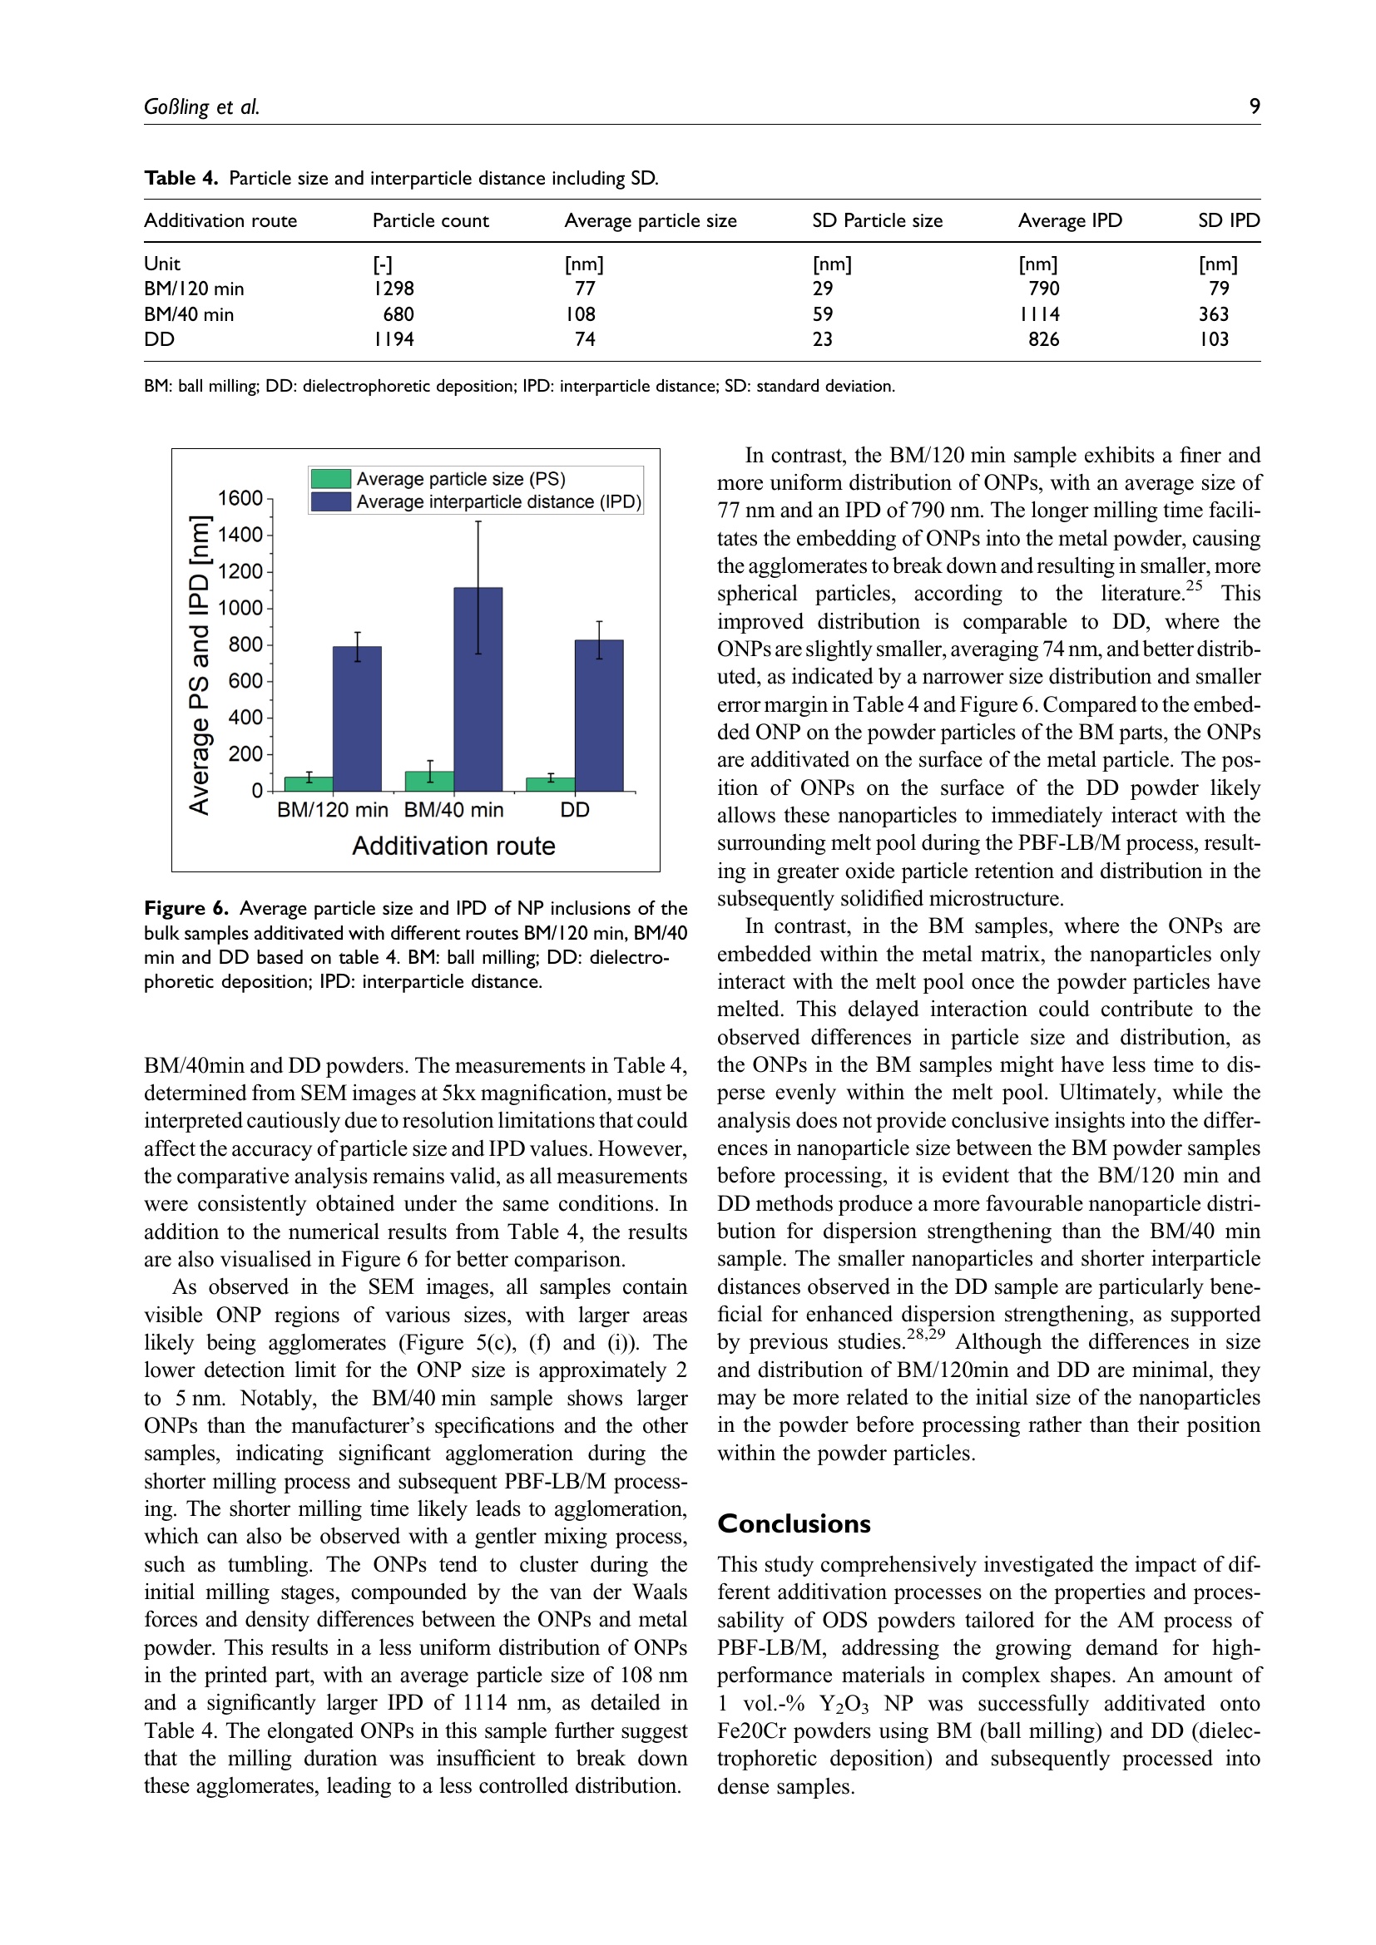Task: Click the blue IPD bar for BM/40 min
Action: pyautogui.click(x=478, y=689)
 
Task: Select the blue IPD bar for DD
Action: pyautogui.click(x=599, y=715)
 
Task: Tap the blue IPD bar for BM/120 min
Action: pyautogui.click(x=357, y=718)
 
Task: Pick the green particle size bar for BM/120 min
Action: pyautogui.click(x=309, y=783)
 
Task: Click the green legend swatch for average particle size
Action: pyautogui.click(x=330, y=479)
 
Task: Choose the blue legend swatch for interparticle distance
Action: pyautogui.click(x=330, y=501)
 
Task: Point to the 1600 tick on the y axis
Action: pyautogui.click(x=240, y=498)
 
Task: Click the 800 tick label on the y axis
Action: pyautogui.click(x=245, y=644)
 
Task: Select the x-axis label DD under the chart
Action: pyautogui.click(x=575, y=810)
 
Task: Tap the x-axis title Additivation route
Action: pyautogui.click(x=453, y=847)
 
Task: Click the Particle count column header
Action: pyautogui.click(x=430, y=221)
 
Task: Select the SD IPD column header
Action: pyautogui.click(x=1229, y=221)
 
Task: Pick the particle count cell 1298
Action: pyautogui.click(x=394, y=289)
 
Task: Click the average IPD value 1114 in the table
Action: pyautogui.click(x=1040, y=314)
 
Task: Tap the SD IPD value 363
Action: pyautogui.click(x=1213, y=314)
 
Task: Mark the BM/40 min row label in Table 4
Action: pyautogui.click(x=189, y=314)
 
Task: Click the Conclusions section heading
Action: pyautogui.click(x=794, y=1524)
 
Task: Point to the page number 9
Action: pyautogui.click(x=1255, y=106)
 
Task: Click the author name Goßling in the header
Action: pyautogui.click(x=176, y=107)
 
